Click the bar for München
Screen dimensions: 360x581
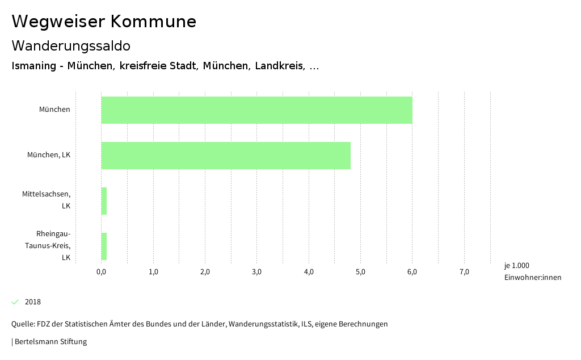[256, 110]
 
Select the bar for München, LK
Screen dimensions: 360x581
[226, 156]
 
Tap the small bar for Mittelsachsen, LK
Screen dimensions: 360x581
[104, 201]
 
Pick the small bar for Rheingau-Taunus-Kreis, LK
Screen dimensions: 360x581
[104, 246]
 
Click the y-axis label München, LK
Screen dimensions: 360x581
[49, 155]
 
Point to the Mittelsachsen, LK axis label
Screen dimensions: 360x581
[47, 200]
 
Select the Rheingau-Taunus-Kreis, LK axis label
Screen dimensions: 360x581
[53, 245]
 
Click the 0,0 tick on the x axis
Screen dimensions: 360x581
[102, 272]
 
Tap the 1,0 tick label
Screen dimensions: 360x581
[153, 272]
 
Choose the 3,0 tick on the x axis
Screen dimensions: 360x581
[257, 272]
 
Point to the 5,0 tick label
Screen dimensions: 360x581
[360, 272]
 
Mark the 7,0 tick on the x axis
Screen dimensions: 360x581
[464, 272]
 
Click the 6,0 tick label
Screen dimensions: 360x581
[412, 272]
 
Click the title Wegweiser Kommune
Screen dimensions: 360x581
[104, 22]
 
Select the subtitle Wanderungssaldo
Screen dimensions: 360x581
[71, 45]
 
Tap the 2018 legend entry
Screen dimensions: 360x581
[33, 302]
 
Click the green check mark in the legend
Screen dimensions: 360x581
[15, 302]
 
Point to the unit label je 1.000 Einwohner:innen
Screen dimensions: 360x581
[532, 271]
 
